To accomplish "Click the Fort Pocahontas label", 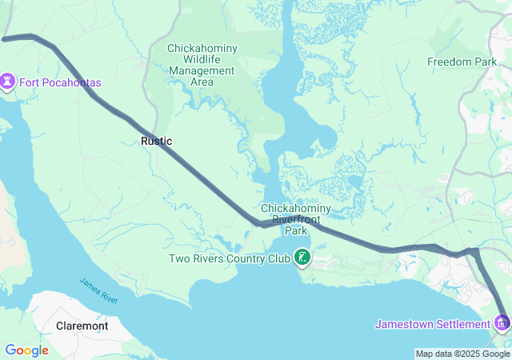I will [60, 82].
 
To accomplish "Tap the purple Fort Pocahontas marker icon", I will [8, 82].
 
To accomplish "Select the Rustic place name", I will [156, 141].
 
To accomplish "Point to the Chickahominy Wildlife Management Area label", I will [202, 60].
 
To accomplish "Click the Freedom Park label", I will [462, 62].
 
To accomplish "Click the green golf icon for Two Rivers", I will [302, 258].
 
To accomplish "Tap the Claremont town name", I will [82, 326].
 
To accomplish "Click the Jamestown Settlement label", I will [433, 324].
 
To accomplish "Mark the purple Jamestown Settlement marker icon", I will [502, 323].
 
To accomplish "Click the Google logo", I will [26, 350].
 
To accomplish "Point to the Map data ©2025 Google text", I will [462, 354].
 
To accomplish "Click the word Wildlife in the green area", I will [202, 60].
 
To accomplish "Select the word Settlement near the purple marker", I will [462, 324].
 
